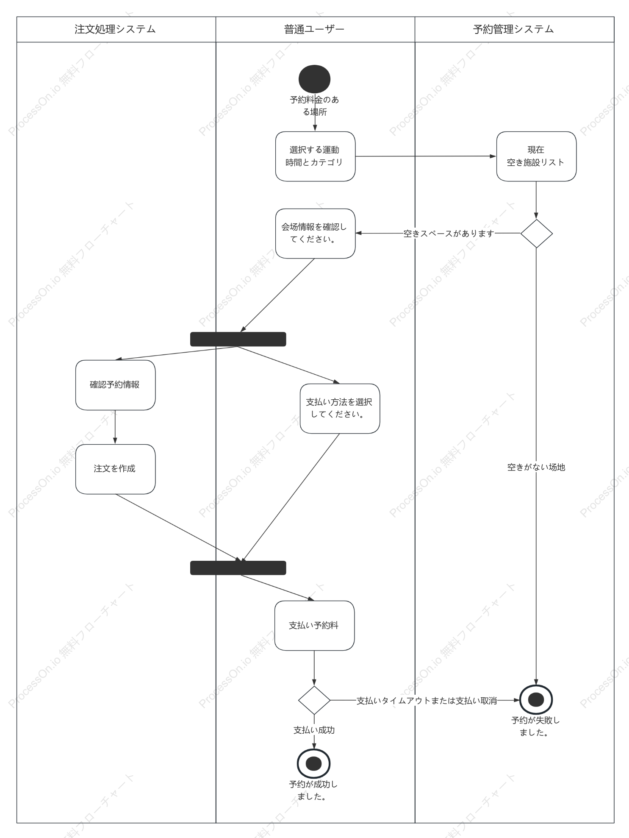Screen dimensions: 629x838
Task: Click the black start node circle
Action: (314, 79)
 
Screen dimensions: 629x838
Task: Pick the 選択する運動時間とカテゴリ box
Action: (315, 156)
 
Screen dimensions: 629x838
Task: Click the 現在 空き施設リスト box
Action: (536, 156)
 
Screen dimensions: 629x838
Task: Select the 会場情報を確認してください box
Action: (315, 234)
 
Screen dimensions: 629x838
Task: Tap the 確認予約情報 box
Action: (115, 385)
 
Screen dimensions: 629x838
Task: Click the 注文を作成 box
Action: (115, 469)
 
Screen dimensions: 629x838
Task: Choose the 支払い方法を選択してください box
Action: (340, 409)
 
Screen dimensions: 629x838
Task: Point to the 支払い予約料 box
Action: (314, 626)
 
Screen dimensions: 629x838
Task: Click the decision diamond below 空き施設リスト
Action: (536, 234)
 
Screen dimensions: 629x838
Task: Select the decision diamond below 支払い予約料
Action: (314, 700)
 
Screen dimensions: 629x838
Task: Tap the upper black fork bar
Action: (238, 339)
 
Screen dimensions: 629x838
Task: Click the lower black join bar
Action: (238, 568)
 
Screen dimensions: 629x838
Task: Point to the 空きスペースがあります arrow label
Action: (449, 234)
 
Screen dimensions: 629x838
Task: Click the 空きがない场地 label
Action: (536, 467)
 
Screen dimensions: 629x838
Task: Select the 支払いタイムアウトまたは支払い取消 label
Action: (427, 701)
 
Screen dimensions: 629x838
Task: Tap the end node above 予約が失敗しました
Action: (536, 700)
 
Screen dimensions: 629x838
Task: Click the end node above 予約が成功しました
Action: (314, 764)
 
